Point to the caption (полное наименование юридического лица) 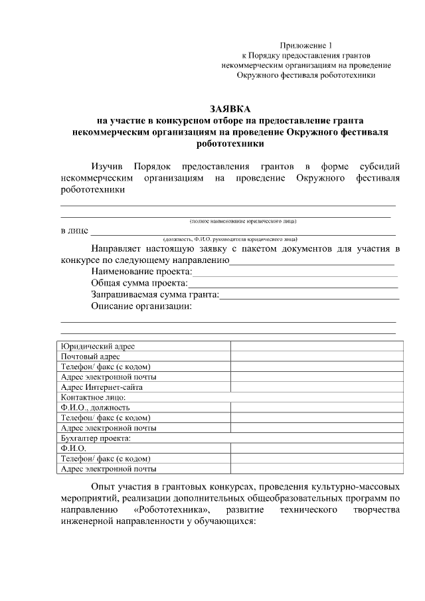click(242, 220)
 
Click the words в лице click(73, 231)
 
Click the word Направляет click(122, 249)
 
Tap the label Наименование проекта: click(141, 272)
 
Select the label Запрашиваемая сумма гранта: click(155, 295)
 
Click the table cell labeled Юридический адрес click(98, 346)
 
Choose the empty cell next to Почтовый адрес click(316, 356)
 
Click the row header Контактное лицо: click(92, 396)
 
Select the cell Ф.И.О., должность click(95, 407)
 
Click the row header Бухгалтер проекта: click(95, 438)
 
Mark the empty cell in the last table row click(316, 469)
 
